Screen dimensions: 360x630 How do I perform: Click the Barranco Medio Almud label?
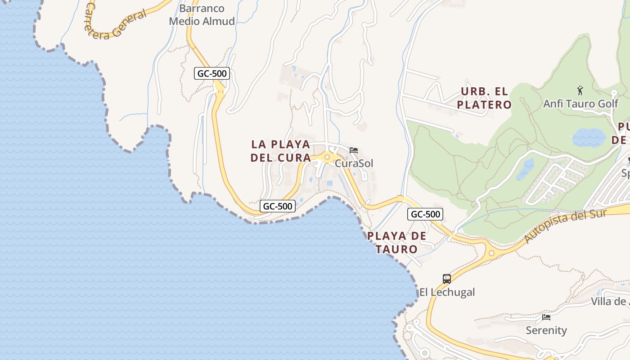202,15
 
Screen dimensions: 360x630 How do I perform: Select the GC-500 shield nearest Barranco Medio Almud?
212,73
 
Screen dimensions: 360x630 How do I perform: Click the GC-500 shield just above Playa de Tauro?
425,214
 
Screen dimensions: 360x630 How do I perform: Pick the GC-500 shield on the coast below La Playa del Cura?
278,206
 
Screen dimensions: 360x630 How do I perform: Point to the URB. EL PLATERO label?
484,98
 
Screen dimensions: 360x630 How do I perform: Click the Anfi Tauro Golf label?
580,103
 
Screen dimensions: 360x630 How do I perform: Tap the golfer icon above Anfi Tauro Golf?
580,90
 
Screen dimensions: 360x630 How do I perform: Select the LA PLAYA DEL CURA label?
281,151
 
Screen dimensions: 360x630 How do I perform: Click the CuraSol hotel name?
354,163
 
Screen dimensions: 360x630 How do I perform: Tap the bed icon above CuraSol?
354,150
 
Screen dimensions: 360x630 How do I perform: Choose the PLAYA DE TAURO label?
396,242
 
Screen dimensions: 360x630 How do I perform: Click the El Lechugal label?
447,292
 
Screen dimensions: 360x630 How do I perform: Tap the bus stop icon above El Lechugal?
446,279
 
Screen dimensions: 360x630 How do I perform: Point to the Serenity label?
546,330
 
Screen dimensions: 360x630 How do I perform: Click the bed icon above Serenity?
546,317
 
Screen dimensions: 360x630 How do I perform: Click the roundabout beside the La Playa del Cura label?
327,157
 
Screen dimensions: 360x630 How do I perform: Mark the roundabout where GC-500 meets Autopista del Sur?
491,253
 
